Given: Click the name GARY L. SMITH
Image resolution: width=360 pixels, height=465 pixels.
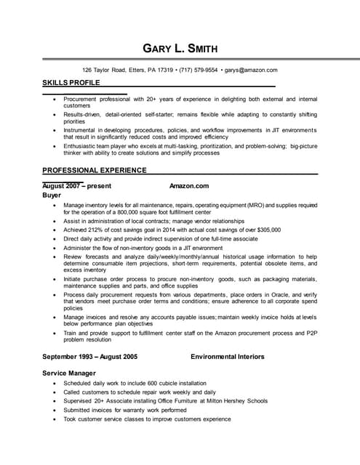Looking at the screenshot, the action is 180,49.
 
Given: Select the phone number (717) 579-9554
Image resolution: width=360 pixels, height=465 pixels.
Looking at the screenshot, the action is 198,70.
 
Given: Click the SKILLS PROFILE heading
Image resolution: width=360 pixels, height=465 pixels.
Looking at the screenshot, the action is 71,84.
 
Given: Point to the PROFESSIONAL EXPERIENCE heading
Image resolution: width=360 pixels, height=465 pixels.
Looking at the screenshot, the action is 95,170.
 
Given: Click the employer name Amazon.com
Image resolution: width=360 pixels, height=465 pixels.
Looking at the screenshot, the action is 188,186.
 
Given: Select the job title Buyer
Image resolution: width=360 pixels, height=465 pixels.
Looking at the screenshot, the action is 52,195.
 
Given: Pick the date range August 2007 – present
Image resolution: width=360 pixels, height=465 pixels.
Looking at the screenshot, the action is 74,186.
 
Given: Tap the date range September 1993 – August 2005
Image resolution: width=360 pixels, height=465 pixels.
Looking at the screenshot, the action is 90,357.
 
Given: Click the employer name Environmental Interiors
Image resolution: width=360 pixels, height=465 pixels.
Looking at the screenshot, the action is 228,357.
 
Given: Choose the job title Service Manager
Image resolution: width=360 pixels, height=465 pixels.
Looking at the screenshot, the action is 70,373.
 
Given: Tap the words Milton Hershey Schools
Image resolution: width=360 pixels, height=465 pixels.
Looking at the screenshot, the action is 236,400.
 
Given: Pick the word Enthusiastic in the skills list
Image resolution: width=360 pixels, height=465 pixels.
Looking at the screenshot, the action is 80,146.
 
